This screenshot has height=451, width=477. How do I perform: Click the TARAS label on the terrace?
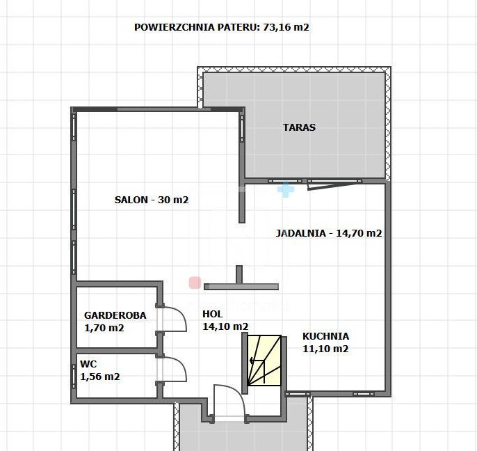(299, 127)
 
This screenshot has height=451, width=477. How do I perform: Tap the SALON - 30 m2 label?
(152, 200)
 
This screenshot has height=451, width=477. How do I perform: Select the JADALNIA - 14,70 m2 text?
(328, 233)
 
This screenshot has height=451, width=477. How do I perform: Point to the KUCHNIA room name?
(325, 336)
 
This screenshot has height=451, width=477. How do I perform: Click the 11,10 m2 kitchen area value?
(325, 349)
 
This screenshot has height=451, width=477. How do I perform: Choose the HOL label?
(212, 314)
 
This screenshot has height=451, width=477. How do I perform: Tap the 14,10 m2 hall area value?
(225, 326)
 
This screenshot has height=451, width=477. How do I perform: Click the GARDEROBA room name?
(115, 315)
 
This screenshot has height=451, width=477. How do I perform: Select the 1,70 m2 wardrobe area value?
(104, 328)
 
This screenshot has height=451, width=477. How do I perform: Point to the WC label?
(88, 364)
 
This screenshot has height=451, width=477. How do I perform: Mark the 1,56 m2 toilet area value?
(100, 377)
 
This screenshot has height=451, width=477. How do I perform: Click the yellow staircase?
(264, 361)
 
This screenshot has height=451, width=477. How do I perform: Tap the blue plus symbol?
(286, 189)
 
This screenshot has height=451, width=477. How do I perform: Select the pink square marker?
(195, 283)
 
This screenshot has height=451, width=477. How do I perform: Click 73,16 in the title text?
(276, 27)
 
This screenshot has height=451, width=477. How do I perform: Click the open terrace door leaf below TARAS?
(332, 186)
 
